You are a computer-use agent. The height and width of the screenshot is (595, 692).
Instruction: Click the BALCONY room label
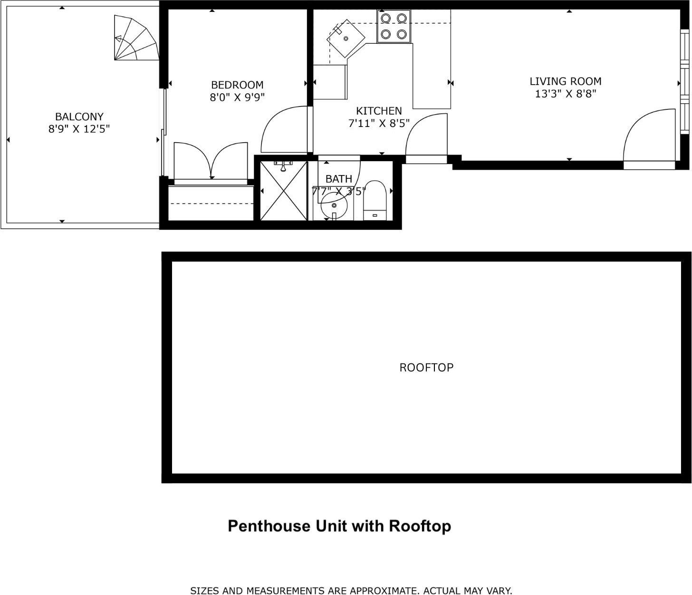[x=79, y=117]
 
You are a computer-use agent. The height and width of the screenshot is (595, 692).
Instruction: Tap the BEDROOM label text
[x=237, y=85]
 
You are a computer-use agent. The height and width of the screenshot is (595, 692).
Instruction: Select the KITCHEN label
[x=379, y=111]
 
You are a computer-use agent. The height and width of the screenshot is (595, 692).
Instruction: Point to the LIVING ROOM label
[x=566, y=81]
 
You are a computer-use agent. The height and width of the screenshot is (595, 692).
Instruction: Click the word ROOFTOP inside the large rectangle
[x=426, y=368]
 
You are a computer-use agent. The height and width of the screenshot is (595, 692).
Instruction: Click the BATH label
[x=339, y=179]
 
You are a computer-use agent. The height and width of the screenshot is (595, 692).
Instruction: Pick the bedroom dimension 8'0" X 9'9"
[x=237, y=98]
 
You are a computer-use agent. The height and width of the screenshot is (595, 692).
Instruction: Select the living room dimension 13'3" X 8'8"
[x=566, y=94]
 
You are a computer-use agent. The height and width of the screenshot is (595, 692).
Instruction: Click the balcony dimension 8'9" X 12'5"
[x=79, y=129]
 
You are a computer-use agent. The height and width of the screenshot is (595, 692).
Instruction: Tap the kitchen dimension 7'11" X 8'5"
[x=379, y=124]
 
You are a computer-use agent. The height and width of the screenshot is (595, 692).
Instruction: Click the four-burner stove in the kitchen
[x=394, y=26]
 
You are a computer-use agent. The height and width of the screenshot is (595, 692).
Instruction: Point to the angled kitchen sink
[x=346, y=38]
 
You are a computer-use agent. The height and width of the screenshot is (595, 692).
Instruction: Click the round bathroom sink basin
[x=334, y=205]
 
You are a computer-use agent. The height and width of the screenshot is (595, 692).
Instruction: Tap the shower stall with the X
[x=284, y=191]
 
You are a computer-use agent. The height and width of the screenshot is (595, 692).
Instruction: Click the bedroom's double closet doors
[x=211, y=162]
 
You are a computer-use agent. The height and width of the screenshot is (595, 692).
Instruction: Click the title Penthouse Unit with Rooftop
[x=339, y=526]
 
